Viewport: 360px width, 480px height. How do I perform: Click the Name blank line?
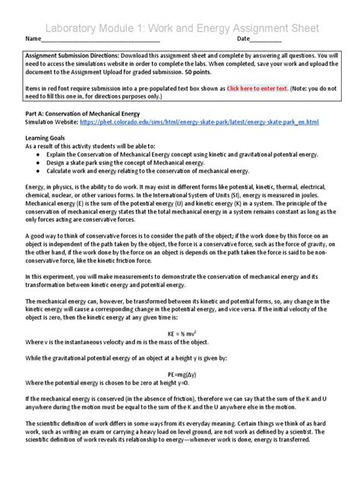click(99, 39)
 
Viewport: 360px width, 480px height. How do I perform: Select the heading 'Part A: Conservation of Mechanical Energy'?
click(84, 113)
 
